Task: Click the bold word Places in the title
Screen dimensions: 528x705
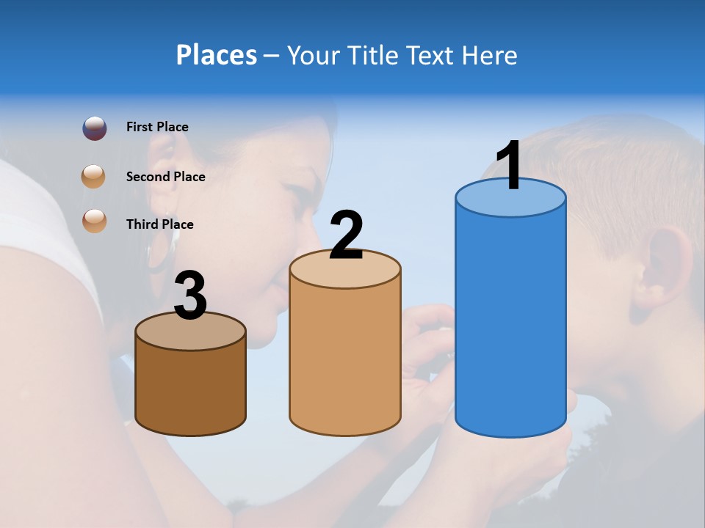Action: [216, 55]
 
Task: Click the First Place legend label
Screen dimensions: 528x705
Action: [157, 127]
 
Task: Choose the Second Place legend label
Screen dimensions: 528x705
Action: [165, 177]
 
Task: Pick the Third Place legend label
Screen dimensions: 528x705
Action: [159, 224]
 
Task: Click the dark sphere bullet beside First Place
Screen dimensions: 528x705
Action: [95, 128]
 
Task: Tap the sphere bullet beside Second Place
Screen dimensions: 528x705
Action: [94, 177]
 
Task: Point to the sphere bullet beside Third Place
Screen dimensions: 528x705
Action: [95, 220]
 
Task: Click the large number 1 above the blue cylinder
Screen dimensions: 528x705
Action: [509, 166]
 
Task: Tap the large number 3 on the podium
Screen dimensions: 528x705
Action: [190, 296]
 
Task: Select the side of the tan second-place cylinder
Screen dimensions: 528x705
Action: [345, 359]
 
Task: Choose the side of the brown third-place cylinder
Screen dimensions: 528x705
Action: [190, 389]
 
